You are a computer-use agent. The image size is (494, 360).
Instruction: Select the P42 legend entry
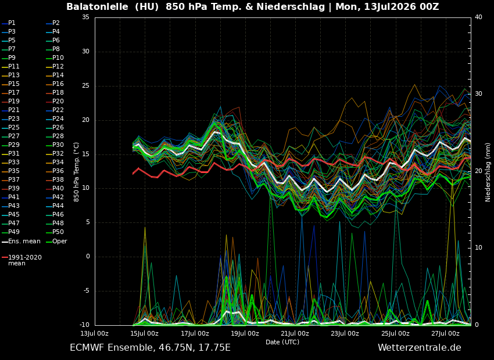(55, 197)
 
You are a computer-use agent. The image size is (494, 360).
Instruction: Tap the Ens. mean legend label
(21, 242)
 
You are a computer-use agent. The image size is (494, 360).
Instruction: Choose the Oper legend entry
(56, 242)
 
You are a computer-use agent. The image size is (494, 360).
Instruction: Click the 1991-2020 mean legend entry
(22, 260)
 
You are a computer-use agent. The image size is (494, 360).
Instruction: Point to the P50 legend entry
(55, 232)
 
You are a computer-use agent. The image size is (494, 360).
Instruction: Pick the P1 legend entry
(9, 23)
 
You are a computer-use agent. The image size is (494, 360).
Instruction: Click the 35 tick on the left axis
(85, 17)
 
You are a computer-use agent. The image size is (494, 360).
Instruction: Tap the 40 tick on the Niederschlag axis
(478, 17)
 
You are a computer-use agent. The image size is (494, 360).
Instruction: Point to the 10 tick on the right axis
(478, 248)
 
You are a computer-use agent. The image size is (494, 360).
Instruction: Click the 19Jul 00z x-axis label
(245, 333)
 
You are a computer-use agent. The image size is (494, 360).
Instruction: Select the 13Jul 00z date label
(94, 333)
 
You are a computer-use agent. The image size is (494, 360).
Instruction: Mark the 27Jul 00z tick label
(445, 333)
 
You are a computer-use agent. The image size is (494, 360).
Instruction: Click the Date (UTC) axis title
(282, 342)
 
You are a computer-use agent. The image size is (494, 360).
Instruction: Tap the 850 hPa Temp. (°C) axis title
(77, 172)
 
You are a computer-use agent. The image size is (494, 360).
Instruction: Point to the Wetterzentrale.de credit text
(420, 348)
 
